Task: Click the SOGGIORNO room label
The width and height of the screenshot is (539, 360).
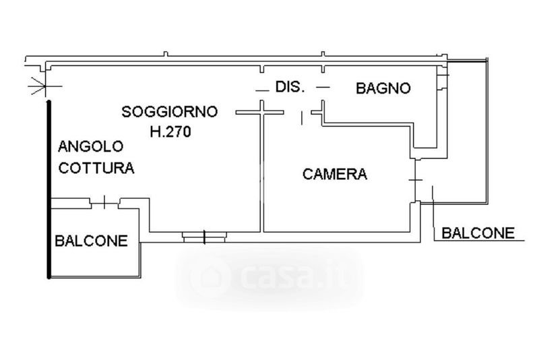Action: click(x=169, y=111)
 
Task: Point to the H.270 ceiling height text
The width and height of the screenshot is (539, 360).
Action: click(x=170, y=132)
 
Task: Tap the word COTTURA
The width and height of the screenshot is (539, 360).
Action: click(x=96, y=169)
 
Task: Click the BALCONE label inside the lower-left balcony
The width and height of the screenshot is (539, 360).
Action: click(x=92, y=241)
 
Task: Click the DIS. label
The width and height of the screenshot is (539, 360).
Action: click(x=290, y=88)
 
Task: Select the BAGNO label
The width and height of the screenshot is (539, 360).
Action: click(x=383, y=88)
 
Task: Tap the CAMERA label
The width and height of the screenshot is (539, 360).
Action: click(x=335, y=175)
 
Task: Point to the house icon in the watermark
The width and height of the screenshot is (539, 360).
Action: click(x=206, y=276)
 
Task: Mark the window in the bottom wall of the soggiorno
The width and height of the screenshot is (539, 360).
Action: click(x=205, y=236)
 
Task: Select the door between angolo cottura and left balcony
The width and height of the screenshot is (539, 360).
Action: click(x=104, y=201)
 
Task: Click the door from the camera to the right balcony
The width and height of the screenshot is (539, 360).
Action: click(x=416, y=180)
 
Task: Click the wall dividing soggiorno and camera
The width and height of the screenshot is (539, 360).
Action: click(x=261, y=175)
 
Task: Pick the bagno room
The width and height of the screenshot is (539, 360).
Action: click(x=377, y=108)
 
